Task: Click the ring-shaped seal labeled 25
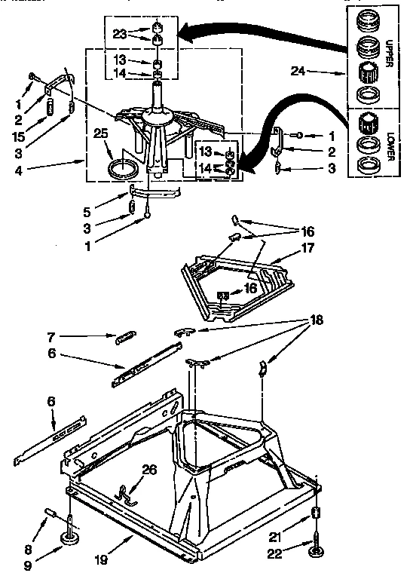click(124, 169)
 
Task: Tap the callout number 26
click(150, 469)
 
